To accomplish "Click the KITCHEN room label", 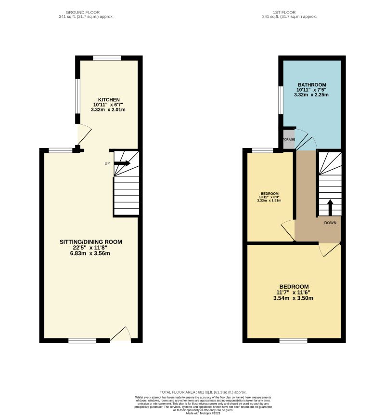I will (108, 100).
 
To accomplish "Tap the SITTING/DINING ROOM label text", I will (91, 242).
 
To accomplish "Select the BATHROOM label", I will (311, 85).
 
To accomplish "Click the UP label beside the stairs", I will (107, 163).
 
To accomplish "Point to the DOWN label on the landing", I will (330, 223).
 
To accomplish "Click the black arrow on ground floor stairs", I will (122, 163).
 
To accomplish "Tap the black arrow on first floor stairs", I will (330, 208).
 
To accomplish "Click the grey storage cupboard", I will (288, 140).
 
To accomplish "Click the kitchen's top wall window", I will (107, 58).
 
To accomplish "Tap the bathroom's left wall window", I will (280, 100).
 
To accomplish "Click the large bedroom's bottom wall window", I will (293, 341).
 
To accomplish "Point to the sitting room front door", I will (120, 337).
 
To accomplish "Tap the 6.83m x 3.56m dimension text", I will (91, 254).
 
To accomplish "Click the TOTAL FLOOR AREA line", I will (203, 392).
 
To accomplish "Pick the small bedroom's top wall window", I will (262, 150).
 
